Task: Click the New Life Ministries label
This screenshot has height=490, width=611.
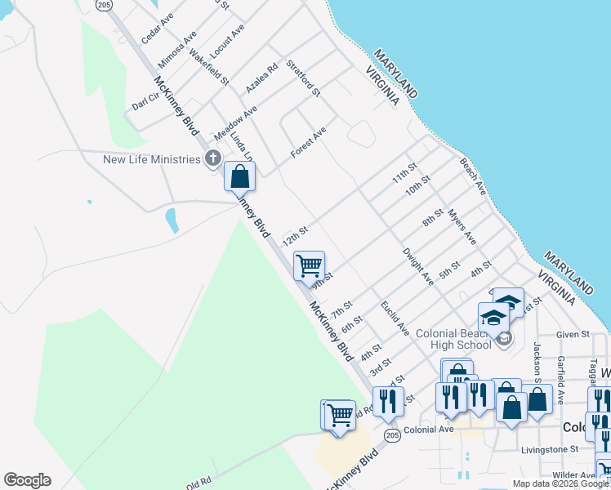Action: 151,159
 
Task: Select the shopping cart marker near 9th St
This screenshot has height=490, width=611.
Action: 309,265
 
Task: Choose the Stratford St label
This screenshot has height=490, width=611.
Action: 303,77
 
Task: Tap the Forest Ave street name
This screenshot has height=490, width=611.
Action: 309,142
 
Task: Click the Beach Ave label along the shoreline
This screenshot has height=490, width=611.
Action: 472,177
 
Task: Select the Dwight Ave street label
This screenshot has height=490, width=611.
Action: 418,266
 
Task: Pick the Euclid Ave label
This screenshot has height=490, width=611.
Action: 395,318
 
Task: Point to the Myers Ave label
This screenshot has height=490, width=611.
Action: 462,226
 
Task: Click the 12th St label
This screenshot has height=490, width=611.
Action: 295,237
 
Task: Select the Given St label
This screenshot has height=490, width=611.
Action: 573,334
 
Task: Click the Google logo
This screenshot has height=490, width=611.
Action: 27,480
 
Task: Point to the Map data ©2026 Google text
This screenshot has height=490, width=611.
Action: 560,483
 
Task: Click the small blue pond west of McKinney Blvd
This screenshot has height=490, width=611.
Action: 172,220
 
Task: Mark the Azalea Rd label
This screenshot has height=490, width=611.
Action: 262,78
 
